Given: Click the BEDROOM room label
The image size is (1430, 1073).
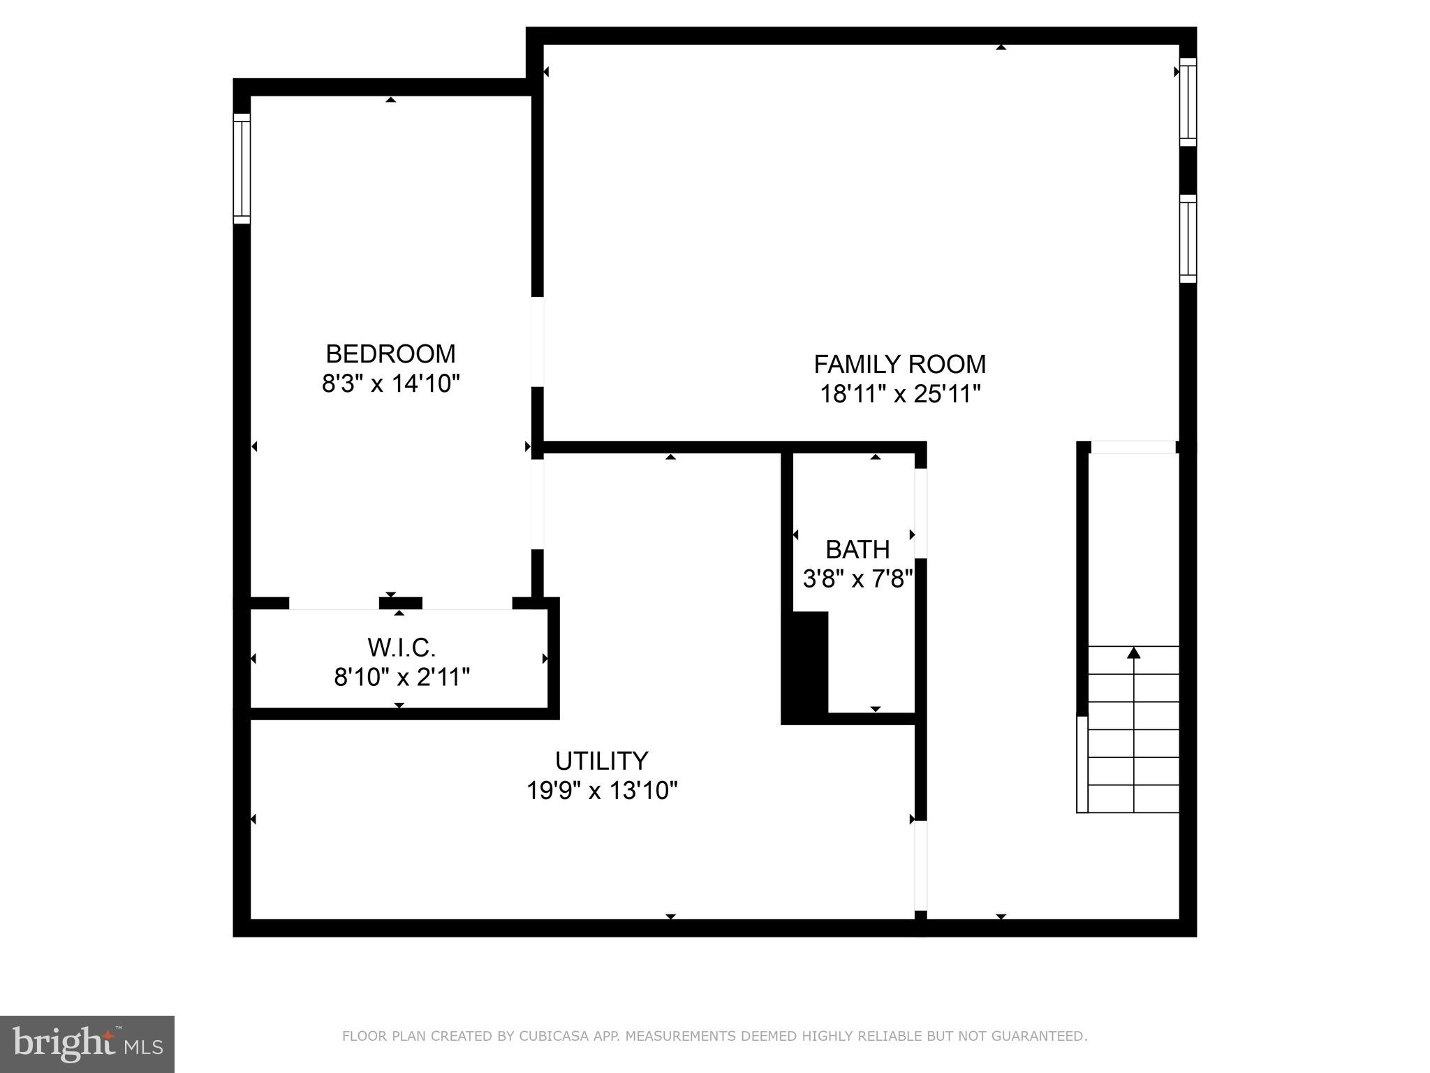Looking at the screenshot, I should tap(390, 353).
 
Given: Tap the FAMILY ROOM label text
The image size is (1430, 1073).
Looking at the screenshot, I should tap(899, 364).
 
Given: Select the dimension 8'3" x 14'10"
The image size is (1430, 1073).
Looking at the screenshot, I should tap(390, 384).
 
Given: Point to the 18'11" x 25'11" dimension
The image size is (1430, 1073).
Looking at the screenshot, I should tap(899, 394).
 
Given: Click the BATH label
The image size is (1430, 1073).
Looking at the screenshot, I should tap(857, 550).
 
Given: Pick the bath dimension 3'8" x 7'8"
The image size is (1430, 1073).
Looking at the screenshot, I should tap(857, 579).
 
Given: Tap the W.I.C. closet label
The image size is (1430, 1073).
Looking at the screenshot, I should tap(401, 648).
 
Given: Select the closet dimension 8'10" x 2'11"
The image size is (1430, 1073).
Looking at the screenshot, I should tap(401, 677).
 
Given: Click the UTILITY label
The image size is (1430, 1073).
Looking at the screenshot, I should tap(601, 760).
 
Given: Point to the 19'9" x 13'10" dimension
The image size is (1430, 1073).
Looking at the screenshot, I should tap(601, 791).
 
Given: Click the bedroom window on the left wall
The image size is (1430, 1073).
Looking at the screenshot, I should tap(242, 168).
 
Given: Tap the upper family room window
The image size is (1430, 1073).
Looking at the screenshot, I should tap(1188, 102).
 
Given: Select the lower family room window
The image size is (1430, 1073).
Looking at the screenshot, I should tap(1188, 239).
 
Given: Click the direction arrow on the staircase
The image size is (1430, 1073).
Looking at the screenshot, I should tap(1134, 654).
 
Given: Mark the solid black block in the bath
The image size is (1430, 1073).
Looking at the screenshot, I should tap(805, 667).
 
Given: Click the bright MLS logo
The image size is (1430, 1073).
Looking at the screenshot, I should tap(87, 1044).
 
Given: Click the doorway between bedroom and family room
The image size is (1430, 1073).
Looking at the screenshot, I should tap(537, 342).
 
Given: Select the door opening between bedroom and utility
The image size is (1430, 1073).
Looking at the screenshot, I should tap(537, 504).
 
